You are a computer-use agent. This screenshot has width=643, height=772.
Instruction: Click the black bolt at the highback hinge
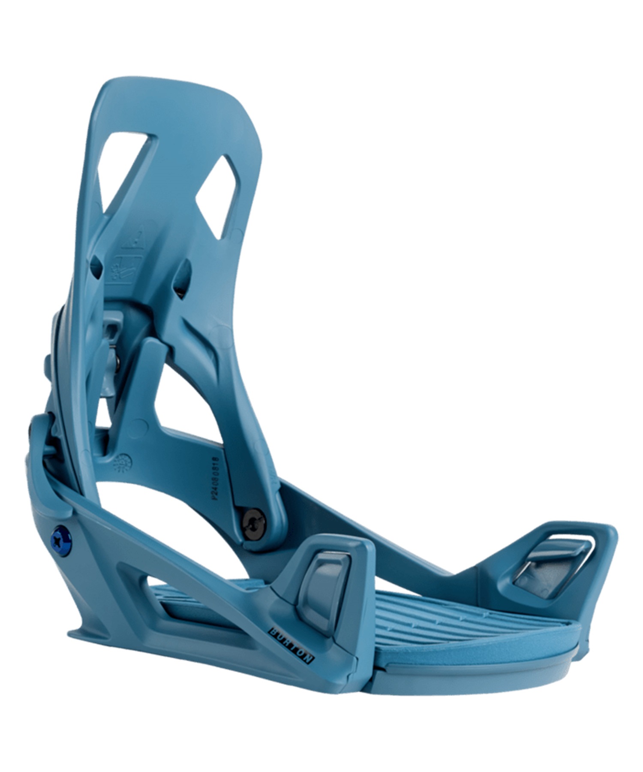[254, 523]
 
